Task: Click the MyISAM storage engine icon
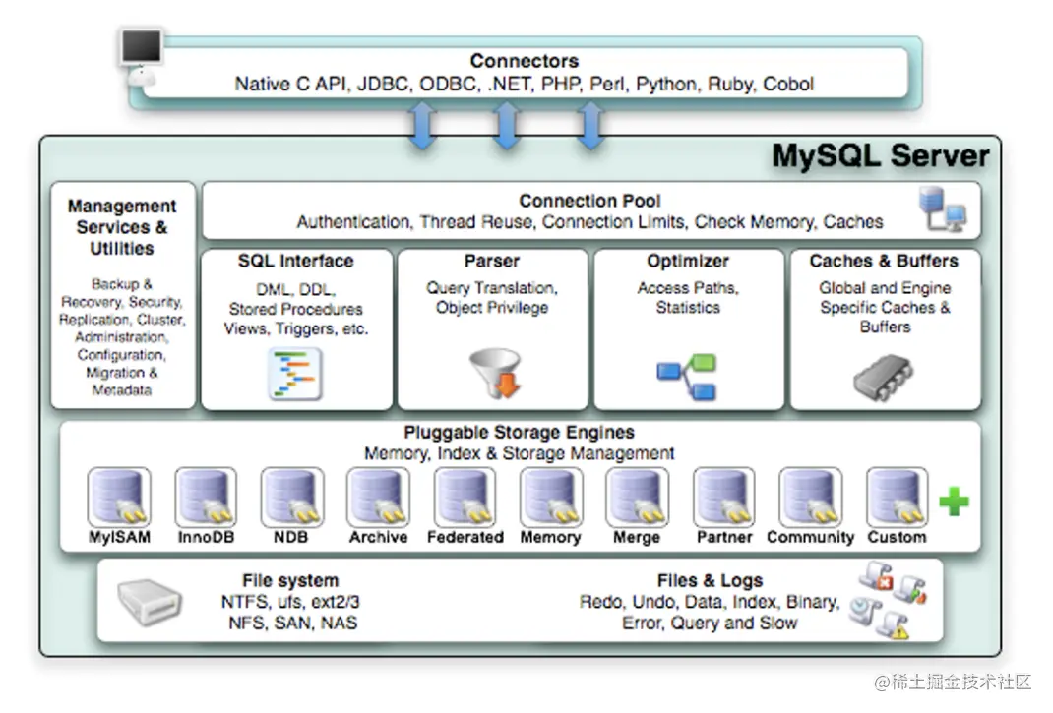(x=119, y=498)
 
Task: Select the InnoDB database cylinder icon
(x=206, y=498)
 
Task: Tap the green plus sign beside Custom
(x=953, y=503)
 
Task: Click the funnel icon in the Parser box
(x=494, y=373)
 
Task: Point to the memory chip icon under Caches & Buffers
(x=883, y=376)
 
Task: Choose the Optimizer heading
(x=687, y=262)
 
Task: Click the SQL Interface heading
(x=295, y=262)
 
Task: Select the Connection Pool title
(x=589, y=201)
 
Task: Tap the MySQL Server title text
(x=880, y=156)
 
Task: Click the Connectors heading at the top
(x=524, y=61)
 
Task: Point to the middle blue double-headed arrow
(x=506, y=125)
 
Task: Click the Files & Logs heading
(x=710, y=580)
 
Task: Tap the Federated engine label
(x=465, y=538)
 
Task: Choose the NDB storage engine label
(x=292, y=538)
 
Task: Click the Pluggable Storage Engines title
(x=519, y=433)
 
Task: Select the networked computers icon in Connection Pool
(x=942, y=209)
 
